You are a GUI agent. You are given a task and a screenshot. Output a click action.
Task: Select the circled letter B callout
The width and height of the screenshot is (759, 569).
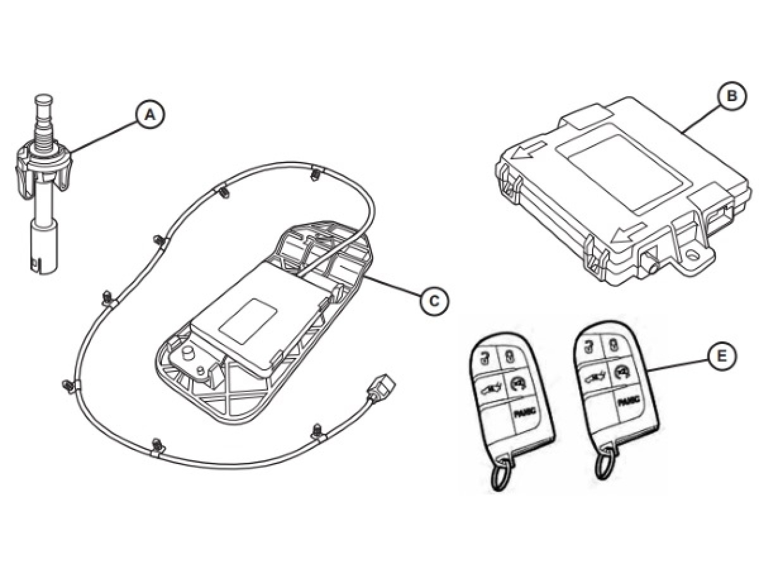click(731, 97)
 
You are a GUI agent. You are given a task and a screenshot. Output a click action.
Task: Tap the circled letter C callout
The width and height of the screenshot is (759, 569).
click(434, 301)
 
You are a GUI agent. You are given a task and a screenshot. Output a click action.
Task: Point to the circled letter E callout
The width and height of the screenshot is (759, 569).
click(722, 357)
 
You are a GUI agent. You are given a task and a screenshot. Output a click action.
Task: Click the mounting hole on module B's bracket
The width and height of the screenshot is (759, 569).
click(694, 254)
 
